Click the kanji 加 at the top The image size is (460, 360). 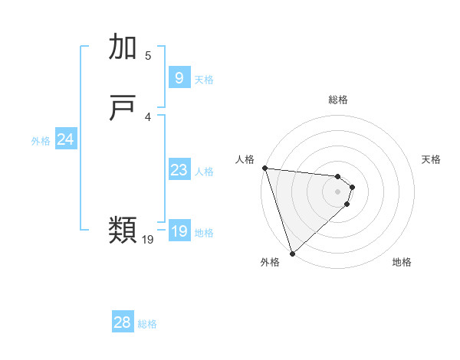point(124,47)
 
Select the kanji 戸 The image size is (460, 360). point(124,109)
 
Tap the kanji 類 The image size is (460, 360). point(124,229)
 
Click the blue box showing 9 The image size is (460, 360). point(178,78)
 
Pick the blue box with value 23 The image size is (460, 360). point(179,170)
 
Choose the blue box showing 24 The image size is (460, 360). point(65,139)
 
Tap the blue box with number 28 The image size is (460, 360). point(122,322)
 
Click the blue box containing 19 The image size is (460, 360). point(179,231)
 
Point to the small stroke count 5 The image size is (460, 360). point(148,55)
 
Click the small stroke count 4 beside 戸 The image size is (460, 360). point(148,116)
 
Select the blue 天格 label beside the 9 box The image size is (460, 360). point(204,80)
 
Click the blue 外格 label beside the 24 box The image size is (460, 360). point(41,141)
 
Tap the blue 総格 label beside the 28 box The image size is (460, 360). point(147,324)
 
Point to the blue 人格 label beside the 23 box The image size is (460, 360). point(204,172)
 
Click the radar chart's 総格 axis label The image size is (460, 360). point(337,100)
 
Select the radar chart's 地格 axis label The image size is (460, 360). point(402,262)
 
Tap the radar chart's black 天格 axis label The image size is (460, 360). point(431,159)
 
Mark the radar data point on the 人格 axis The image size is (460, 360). point(264,168)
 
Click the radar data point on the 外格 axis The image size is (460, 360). point(292,252)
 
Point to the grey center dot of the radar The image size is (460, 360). point(337,191)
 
